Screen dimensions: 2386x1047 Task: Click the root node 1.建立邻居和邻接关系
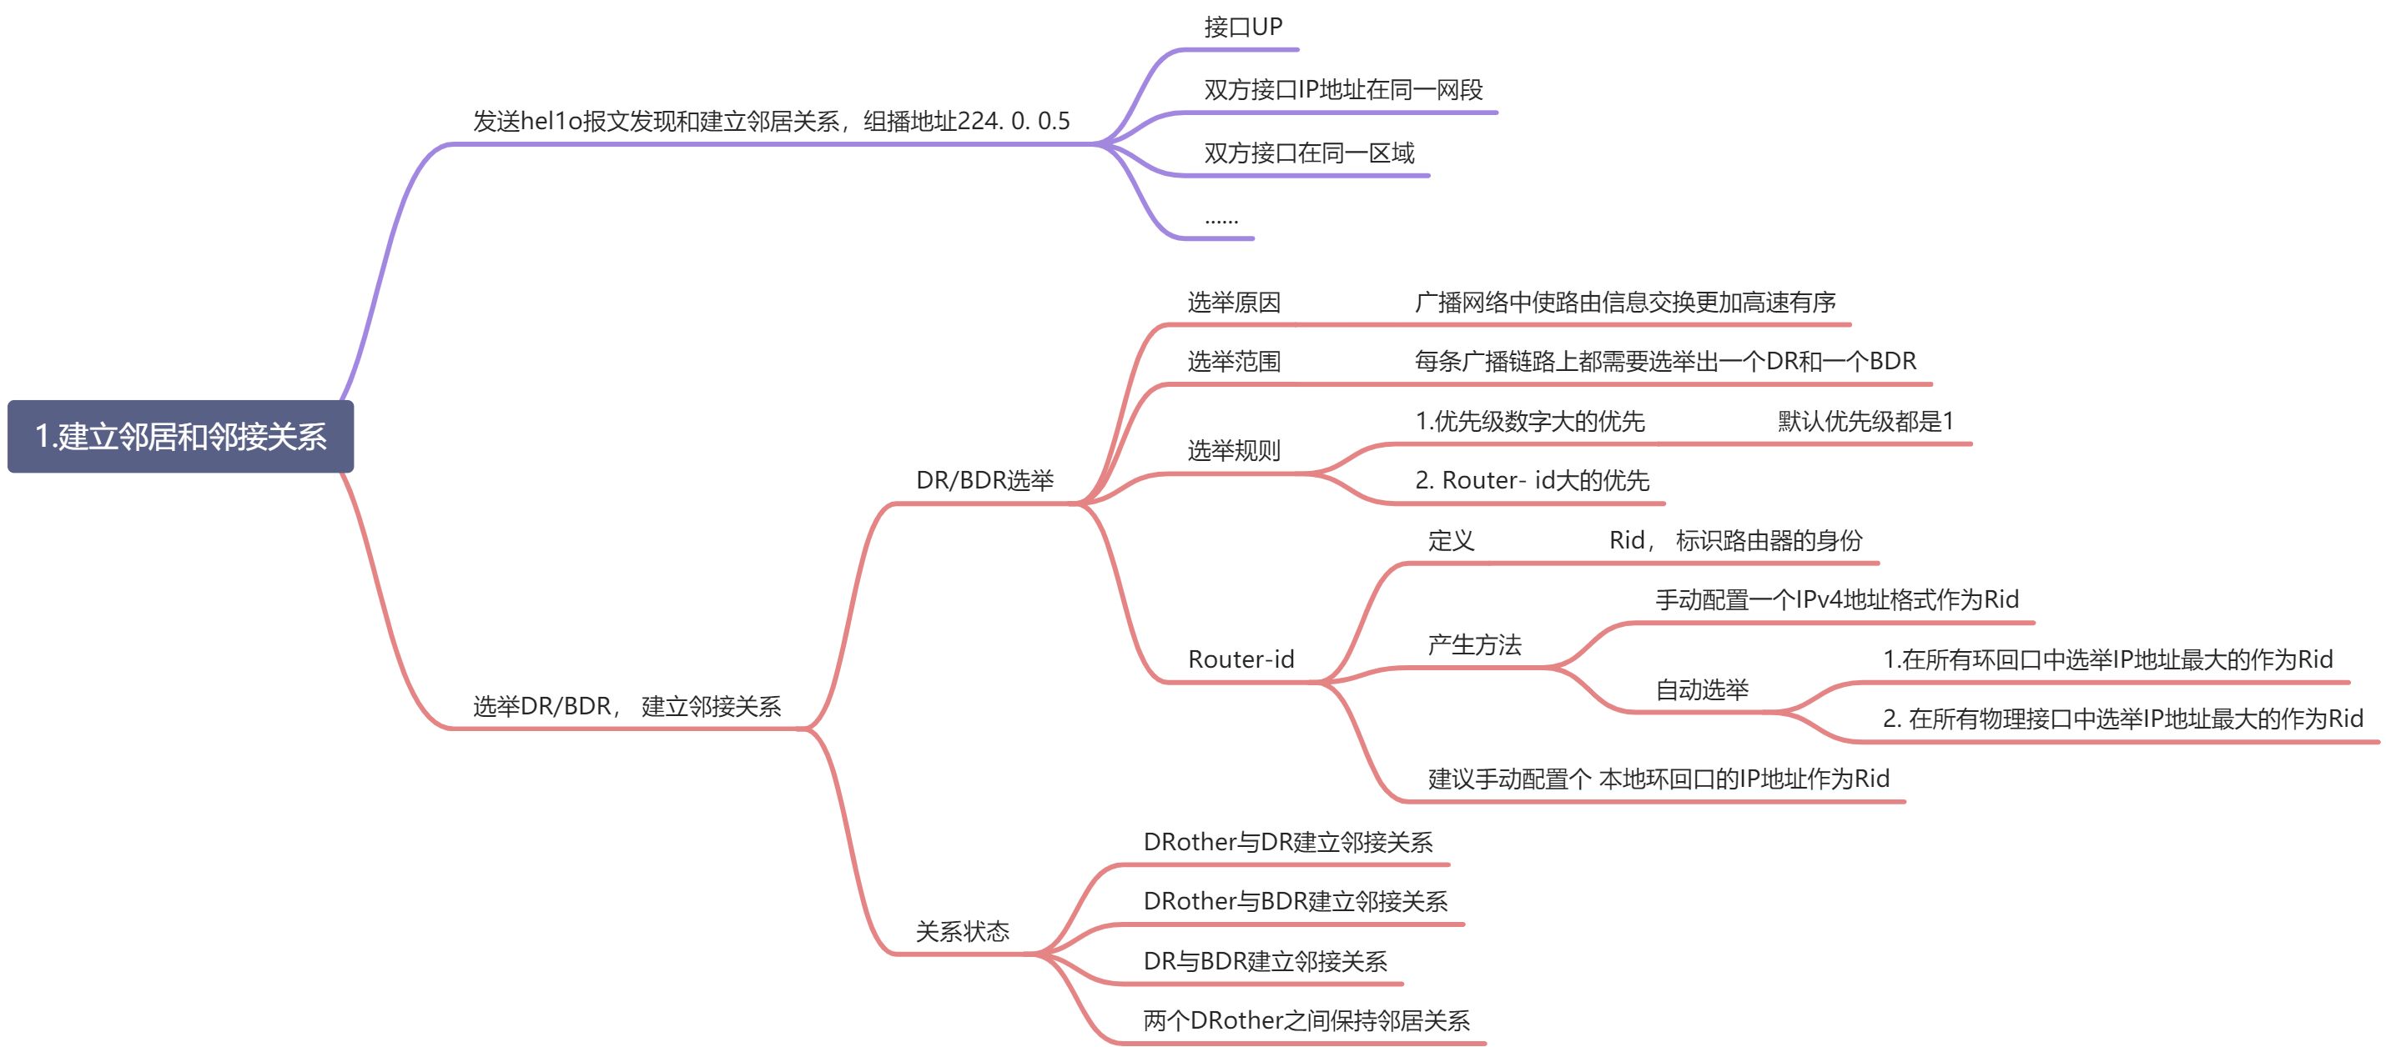pos(180,436)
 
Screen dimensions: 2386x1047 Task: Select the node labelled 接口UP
pos(1243,27)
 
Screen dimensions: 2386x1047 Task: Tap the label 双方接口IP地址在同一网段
pos(1343,90)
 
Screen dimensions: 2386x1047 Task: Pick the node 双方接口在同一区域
pos(1309,153)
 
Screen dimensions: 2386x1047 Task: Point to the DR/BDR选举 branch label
pos(984,479)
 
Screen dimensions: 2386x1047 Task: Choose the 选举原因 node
pos(1234,302)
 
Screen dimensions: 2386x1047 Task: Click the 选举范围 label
pos(1234,361)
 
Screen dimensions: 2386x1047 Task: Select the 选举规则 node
pos(1234,451)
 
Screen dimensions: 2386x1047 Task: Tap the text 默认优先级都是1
pos(1865,421)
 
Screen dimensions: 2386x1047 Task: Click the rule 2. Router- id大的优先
pos(1532,479)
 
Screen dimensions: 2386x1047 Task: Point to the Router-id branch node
pos(1241,659)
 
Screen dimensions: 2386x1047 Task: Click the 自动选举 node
pos(1702,689)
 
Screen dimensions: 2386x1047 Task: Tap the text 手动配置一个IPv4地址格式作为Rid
pos(1837,599)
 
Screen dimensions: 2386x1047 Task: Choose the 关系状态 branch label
pos(963,930)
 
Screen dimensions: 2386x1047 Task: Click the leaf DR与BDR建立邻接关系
pos(1266,961)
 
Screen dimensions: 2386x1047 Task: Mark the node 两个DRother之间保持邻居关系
pos(1306,1020)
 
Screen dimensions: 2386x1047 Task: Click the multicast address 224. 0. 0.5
pos(1014,121)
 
